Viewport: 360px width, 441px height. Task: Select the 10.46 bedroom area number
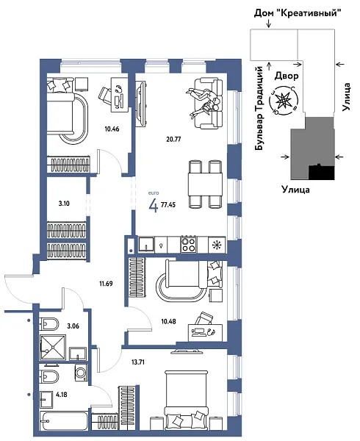tap(112, 129)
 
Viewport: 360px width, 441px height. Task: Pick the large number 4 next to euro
tap(153, 205)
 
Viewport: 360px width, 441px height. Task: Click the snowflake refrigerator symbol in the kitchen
tap(216, 245)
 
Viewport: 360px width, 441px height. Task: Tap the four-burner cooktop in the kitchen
tap(189, 244)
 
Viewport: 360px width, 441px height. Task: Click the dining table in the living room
tap(204, 181)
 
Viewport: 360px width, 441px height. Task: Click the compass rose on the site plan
tap(282, 101)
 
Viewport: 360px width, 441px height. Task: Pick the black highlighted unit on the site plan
tap(321, 173)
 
